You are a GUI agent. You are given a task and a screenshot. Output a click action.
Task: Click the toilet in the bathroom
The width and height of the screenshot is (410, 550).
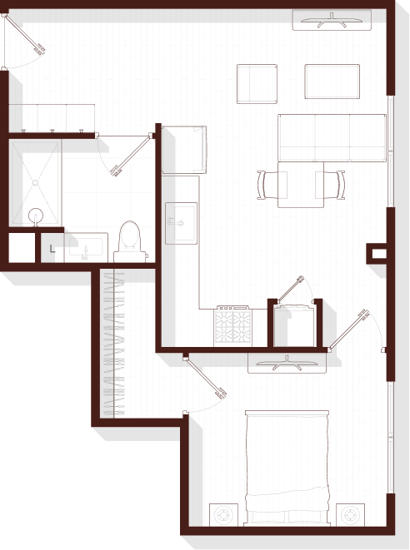[130, 241]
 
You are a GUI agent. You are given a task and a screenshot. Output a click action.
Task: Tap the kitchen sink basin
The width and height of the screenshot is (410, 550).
[182, 223]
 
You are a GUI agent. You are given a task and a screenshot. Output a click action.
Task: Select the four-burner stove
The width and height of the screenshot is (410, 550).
[233, 326]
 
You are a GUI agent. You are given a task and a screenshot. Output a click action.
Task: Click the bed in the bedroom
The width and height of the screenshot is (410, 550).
[287, 468]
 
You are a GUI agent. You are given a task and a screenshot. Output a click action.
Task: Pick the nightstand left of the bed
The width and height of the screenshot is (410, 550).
[223, 515]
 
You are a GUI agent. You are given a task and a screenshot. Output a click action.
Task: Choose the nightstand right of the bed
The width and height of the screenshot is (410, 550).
[350, 515]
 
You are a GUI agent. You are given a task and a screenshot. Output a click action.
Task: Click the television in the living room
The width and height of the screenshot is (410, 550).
[332, 20]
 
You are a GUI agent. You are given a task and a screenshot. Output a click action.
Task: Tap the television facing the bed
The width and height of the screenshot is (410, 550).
[287, 364]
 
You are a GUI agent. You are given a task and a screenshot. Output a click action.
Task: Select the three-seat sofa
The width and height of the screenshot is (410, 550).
[332, 138]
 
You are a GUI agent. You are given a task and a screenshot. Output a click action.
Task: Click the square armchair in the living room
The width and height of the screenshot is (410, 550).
[257, 84]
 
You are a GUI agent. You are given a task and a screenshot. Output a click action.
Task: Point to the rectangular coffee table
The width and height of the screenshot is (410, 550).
[332, 82]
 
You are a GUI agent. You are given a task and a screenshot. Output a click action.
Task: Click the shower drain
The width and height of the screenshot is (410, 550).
[35, 183]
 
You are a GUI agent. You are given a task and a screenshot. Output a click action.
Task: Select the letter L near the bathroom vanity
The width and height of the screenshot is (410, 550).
[52, 249]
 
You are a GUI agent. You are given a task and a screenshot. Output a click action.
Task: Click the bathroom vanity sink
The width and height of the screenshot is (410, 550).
[86, 247]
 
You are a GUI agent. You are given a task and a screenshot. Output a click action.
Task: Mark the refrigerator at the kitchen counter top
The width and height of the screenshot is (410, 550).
[184, 150]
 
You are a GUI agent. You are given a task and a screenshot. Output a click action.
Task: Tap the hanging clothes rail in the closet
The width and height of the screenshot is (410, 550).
[114, 344]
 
